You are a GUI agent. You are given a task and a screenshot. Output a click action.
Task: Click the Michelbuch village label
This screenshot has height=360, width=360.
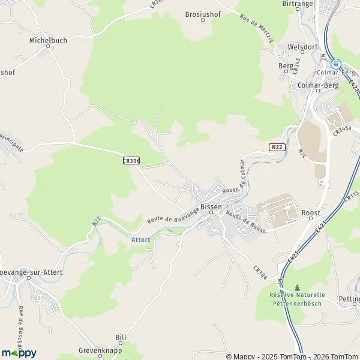[x=49, y=40]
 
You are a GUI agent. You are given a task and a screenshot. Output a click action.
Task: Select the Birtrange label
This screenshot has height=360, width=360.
[x=299, y=4]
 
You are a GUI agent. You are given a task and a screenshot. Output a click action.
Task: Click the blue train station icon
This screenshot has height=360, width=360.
[x=335, y=63]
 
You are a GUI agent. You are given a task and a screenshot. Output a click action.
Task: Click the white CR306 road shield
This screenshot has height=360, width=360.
[x=131, y=160]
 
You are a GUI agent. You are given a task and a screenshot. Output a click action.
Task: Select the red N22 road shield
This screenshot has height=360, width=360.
[x=276, y=146]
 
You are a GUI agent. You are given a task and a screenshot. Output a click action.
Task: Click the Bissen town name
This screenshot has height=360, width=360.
[x=211, y=206]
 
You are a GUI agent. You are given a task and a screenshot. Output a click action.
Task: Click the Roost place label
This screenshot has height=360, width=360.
[x=311, y=213]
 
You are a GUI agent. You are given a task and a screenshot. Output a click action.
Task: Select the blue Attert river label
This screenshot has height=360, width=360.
[x=140, y=239]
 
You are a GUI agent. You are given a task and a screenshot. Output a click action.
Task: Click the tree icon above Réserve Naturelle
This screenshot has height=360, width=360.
[x=297, y=287]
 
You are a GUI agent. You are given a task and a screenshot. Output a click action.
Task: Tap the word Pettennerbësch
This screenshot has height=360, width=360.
[x=297, y=304]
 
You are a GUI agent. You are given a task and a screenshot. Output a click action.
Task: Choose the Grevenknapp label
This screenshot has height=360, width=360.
[x=96, y=349]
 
